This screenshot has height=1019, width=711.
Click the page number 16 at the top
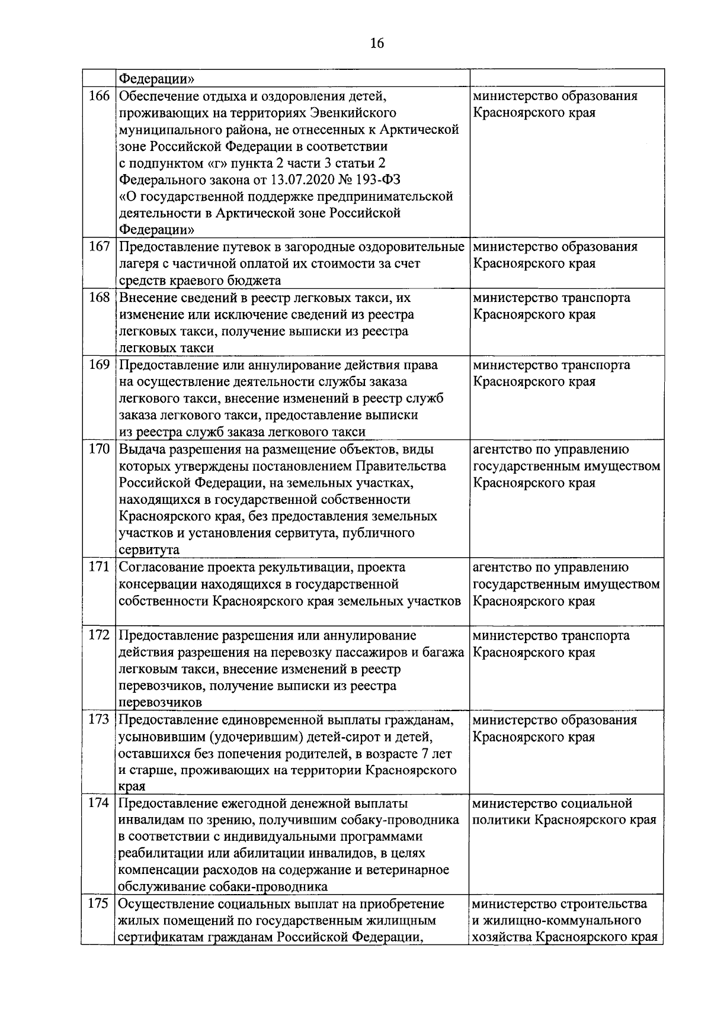pyautogui.click(x=377, y=43)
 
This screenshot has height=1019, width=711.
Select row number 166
pyautogui.click(x=99, y=96)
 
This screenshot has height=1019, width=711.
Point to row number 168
pyautogui.click(x=99, y=298)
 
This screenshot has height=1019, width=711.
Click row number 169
pyautogui.click(x=99, y=365)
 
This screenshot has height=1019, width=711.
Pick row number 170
pyautogui.click(x=99, y=449)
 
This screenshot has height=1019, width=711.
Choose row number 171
pyautogui.click(x=99, y=567)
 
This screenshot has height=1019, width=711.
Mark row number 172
pyautogui.click(x=99, y=635)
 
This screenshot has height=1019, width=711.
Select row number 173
pyautogui.click(x=99, y=719)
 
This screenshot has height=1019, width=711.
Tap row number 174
pyautogui.click(x=99, y=803)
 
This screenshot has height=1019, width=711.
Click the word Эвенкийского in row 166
pyautogui.click(x=351, y=112)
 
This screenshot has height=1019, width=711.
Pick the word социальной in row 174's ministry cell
pyautogui.click(x=597, y=803)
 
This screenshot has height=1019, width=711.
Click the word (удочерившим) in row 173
pyautogui.click(x=261, y=737)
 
